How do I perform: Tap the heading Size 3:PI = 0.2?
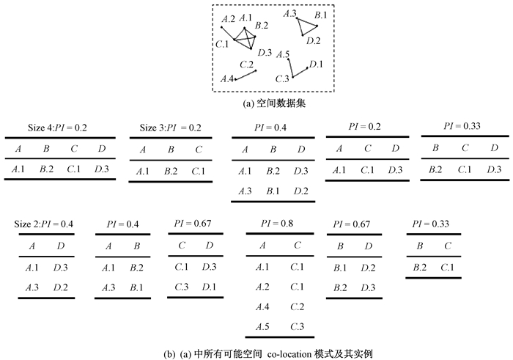pos(171,128)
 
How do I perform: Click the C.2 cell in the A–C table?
pos(297,306)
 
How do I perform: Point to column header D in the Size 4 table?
pos(101,150)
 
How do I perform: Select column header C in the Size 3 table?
pos(198,150)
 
